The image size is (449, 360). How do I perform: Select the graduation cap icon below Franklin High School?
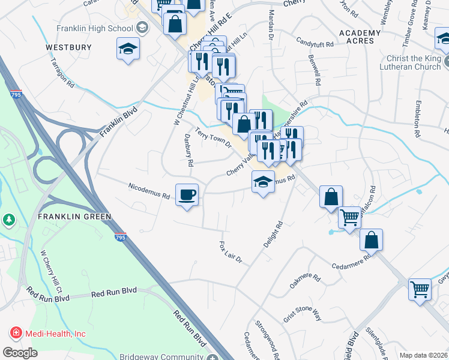click(128, 49)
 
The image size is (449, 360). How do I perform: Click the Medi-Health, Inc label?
click(55, 334)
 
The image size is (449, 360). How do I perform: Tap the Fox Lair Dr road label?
click(231, 252)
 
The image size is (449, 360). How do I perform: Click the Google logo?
click(20, 353)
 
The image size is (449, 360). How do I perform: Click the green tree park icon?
click(8, 220)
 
